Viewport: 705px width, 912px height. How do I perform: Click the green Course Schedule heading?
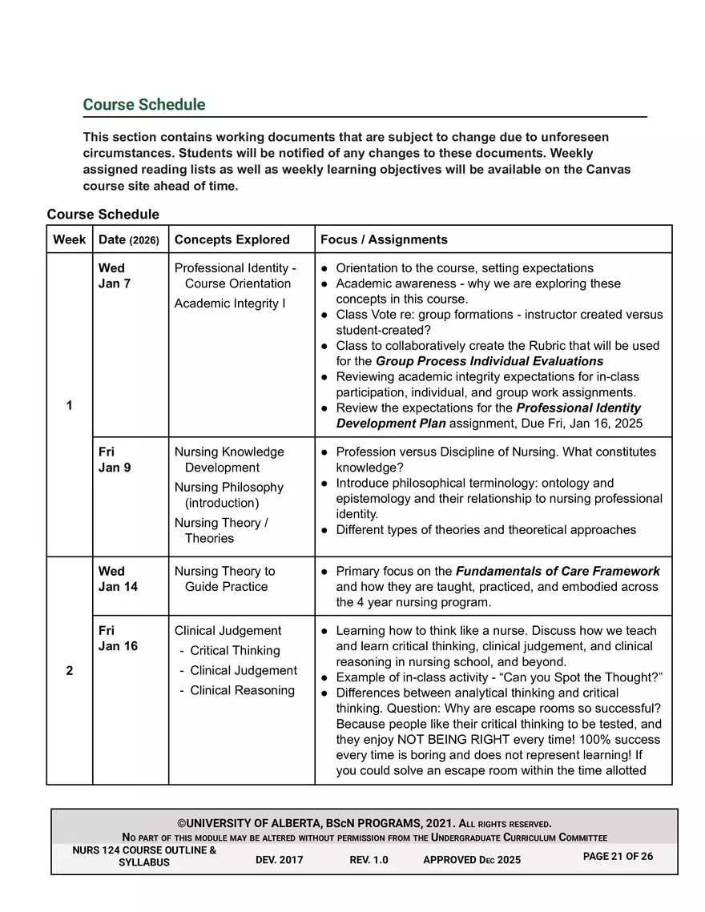click(144, 105)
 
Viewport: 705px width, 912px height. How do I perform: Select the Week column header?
click(70, 239)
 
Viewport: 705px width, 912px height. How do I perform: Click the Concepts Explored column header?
click(232, 239)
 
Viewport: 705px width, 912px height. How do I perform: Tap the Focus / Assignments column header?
click(384, 239)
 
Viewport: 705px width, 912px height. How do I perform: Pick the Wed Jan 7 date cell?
click(115, 275)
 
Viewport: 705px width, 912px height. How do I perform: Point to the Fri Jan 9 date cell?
click(115, 460)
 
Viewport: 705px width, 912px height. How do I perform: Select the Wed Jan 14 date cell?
click(118, 579)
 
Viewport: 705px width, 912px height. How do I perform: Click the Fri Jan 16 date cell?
click(118, 638)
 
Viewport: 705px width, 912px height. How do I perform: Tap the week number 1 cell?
click(70, 406)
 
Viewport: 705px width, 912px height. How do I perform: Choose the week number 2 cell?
click(70, 671)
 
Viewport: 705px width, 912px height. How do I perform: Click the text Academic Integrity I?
click(230, 303)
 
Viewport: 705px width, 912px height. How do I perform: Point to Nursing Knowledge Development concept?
click(229, 460)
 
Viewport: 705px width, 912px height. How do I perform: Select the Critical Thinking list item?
click(235, 651)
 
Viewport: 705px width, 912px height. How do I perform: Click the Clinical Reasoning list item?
click(242, 690)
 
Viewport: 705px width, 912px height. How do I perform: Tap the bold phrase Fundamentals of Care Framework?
click(558, 571)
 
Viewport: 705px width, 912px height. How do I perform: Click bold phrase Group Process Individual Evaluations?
click(489, 361)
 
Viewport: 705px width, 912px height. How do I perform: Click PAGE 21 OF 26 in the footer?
click(618, 857)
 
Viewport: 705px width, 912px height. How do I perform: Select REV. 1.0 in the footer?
click(369, 860)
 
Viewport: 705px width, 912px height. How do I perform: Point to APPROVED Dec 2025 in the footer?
click(471, 860)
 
